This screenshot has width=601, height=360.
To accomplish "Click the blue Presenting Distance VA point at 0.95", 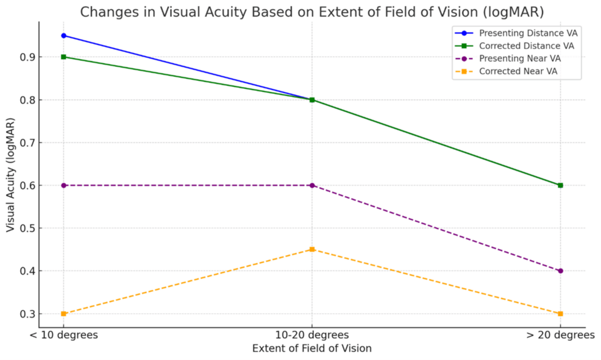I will click(63, 35).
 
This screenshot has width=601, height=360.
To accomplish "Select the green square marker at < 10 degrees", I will click(63, 57).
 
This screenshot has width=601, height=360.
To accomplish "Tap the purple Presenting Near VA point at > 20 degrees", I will click(560, 270).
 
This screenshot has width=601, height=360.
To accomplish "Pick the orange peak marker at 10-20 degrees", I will click(312, 249).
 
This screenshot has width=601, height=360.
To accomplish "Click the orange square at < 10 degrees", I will click(63, 314).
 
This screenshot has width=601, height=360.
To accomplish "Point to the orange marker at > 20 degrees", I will click(560, 314).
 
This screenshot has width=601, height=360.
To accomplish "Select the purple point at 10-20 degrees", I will click(312, 185).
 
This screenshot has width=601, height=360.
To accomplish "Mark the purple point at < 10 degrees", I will click(63, 185).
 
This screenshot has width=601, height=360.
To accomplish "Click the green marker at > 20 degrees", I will click(560, 185).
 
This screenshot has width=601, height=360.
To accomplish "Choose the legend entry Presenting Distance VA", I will click(528, 33).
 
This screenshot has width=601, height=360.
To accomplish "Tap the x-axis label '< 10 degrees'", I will click(63, 335).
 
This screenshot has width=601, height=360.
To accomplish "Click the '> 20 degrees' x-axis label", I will click(560, 335).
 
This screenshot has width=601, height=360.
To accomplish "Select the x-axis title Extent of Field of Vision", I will click(311, 348).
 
